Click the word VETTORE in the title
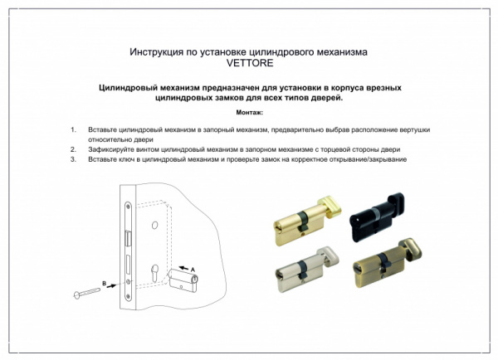tap(248, 62)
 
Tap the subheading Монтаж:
tap(249, 111)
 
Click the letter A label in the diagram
tap(193, 269)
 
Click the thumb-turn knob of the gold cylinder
tap(330, 201)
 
